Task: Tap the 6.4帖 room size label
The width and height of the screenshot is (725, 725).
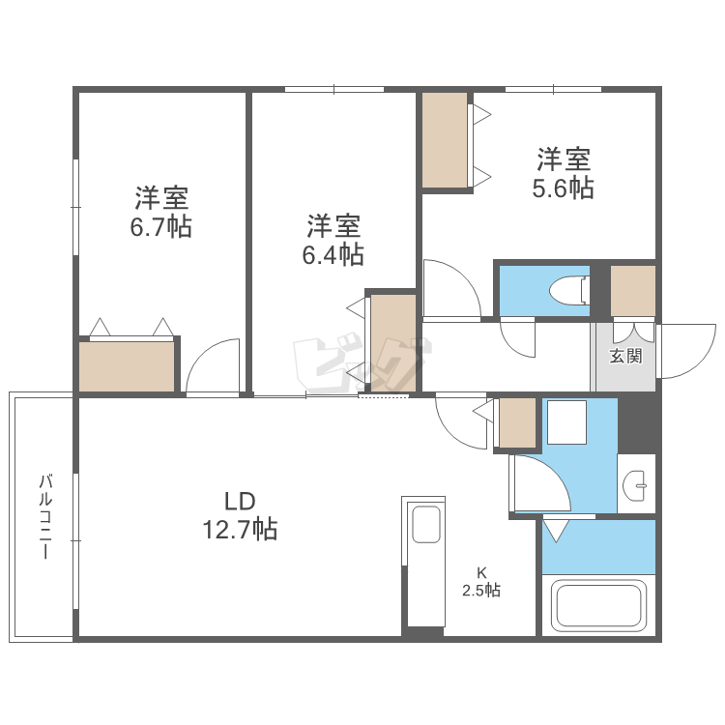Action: pos(334,241)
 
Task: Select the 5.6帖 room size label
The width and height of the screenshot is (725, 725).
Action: pos(564,173)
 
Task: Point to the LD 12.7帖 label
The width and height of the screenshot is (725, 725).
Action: pos(239,515)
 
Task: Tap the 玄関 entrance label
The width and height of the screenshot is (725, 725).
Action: pos(624,356)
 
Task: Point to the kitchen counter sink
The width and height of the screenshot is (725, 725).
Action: pos(425,526)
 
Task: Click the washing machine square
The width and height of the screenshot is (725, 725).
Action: pos(566,421)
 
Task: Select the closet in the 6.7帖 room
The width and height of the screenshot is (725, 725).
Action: pos(127,365)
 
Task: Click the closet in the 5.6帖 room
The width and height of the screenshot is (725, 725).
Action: pos(445,140)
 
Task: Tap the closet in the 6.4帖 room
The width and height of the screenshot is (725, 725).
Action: pos(392,342)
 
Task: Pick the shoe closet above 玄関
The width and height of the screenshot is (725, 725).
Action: pos(633,290)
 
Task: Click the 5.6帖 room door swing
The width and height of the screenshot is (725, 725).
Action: pos(449,288)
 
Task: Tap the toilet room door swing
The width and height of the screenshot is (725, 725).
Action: pos(518,338)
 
